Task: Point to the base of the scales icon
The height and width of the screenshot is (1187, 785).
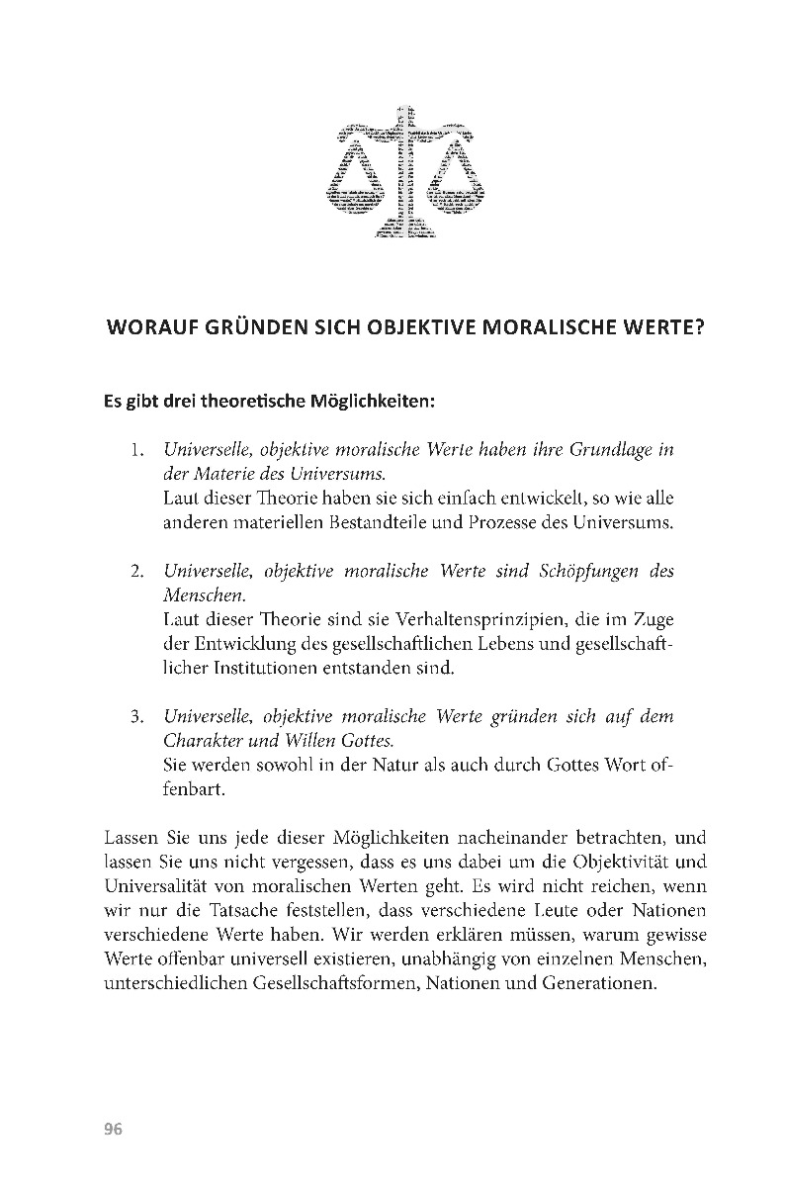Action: [400, 231]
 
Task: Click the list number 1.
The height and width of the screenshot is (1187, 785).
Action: [137, 450]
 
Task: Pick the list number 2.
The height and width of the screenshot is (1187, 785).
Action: [137, 572]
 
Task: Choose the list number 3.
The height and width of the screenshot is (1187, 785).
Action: [137, 717]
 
